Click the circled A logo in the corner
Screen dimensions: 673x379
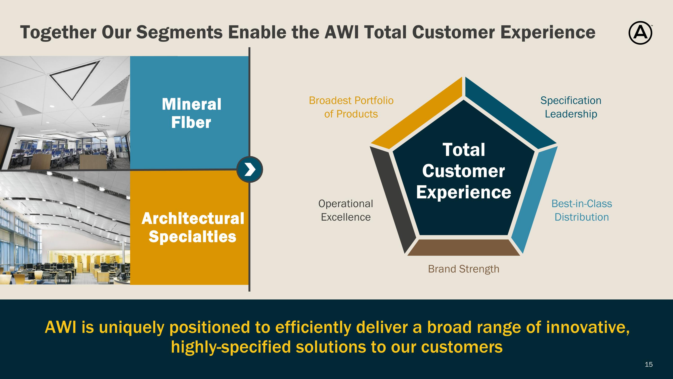pos(640,33)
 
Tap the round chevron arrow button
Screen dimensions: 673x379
pos(249,169)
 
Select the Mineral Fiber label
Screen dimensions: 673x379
pos(192,113)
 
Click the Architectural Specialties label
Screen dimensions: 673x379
pos(192,228)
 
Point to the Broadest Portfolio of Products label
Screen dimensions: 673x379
pos(351,107)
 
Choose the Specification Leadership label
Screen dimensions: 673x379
pos(571,107)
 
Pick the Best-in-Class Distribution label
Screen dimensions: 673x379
pos(581,210)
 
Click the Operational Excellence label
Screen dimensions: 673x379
pos(346,210)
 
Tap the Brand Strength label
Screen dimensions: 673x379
pos(463,269)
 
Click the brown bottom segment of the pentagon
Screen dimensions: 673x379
pos(463,247)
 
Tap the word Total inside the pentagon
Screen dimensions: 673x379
pos(464,150)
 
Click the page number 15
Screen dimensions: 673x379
pos(649,364)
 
